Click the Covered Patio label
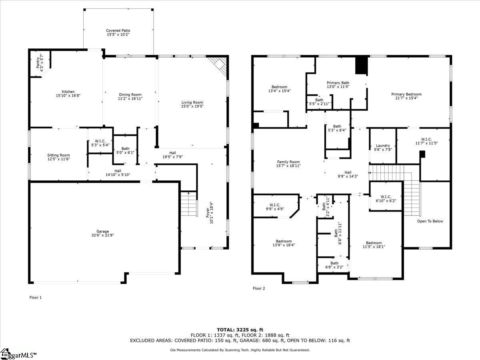118,30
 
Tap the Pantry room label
38,63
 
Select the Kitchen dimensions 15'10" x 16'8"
68,96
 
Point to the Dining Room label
130,94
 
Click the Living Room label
192,102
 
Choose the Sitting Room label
59,155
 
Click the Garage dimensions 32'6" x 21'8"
103,235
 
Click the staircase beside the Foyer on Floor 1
189,204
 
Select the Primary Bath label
338,83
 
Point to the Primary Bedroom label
406,94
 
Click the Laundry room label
383,145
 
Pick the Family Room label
288,162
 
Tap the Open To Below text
430,221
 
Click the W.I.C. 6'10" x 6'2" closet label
386,196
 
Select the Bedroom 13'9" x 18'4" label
284,241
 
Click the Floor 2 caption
259,288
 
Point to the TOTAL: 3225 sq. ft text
240,330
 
